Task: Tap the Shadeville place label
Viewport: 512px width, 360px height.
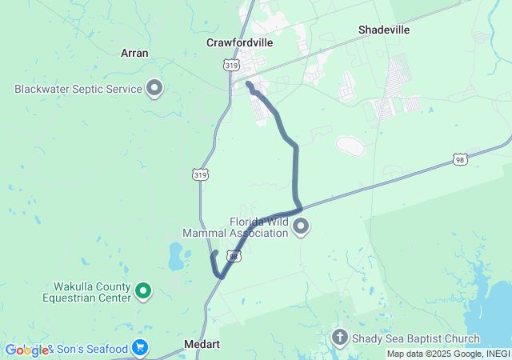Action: (x=384, y=30)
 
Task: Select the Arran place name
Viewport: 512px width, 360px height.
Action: (x=134, y=53)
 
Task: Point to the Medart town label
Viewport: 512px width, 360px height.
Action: (x=202, y=344)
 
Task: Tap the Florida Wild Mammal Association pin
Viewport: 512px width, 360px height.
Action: (x=302, y=228)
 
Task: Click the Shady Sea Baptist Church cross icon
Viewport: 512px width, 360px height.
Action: (x=340, y=338)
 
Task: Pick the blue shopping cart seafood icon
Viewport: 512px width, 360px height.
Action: (x=140, y=348)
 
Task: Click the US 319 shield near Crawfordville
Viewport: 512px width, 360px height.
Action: (x=232, y=66)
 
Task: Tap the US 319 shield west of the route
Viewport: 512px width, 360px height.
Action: (x=200, y=173)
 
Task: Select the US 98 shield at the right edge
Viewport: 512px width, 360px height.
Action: (x=459, y=160)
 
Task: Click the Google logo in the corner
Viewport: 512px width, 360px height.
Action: (x=26, y=350)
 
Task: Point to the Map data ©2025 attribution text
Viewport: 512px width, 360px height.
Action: (x=447, y=354)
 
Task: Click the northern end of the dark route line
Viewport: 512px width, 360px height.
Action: (x=248, y=83)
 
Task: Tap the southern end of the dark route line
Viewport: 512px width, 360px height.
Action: (x=214, y=254)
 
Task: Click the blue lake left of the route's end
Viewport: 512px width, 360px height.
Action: (x=175, y=257)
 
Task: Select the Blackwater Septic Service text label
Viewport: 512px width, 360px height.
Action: (x=78, y=89)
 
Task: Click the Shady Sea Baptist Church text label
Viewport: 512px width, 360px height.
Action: (x=415, y=338)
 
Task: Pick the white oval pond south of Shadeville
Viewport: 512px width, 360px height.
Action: (x=350, y=146)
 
